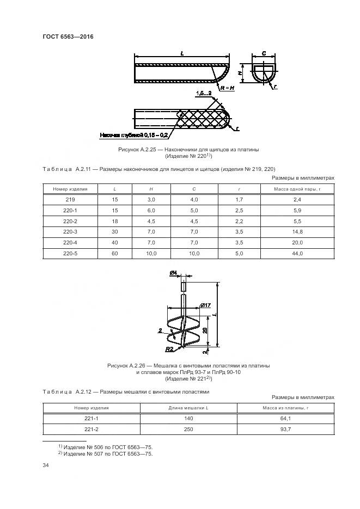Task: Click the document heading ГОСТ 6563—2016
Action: pos(68,36)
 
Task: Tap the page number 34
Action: pos(46,465)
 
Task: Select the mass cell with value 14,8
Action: pos(297,232)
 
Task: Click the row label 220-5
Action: pos(70,253)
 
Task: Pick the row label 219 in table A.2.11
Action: pos(70,200)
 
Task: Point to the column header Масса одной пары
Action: pos(297,189)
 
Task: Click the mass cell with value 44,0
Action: pos(297,253)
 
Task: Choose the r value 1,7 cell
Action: pos(239,200)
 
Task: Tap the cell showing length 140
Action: pos(188,419)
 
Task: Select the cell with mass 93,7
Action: pos(286,429)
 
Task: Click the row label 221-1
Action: pos(91,419)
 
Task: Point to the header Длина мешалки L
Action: pos(188,408)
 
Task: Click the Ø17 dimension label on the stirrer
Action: pos(205,305)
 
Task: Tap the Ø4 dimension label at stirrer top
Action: pos(173,274)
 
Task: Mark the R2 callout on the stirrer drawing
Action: pos(169,349)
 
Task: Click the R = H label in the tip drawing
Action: pos(228,88)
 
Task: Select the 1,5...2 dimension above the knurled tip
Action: pos(204,94)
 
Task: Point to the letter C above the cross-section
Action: pos(264,53)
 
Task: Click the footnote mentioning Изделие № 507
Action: pos(106,453)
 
